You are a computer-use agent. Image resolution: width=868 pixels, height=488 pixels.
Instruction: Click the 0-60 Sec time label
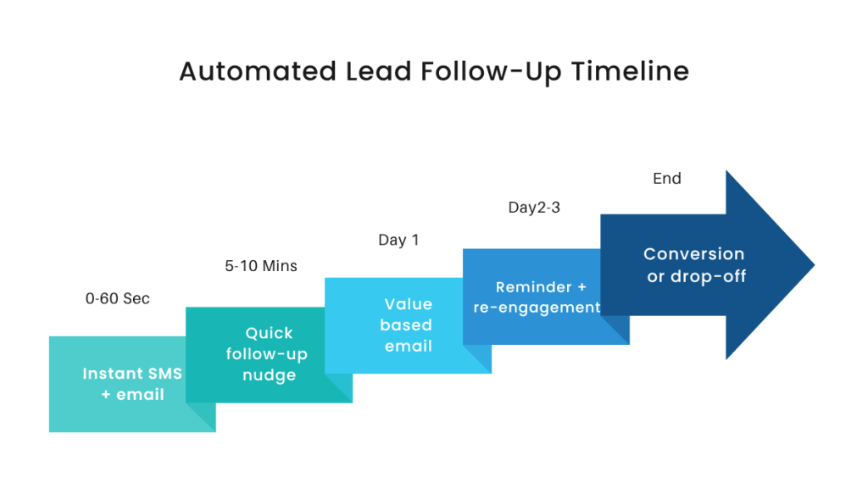118,298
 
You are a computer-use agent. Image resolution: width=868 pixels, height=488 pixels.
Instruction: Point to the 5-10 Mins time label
261,266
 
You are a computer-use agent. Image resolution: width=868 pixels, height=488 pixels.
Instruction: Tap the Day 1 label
398,241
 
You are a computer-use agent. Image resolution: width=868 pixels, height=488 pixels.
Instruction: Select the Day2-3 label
534,208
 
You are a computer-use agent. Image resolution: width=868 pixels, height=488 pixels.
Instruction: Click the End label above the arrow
667,179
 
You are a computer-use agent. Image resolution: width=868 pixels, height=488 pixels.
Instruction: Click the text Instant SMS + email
132,384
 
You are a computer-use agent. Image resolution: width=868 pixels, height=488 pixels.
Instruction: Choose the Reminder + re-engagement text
537,297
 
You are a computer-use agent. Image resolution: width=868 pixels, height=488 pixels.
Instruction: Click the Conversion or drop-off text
694,264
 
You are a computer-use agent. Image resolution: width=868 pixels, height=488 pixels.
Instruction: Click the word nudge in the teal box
269,374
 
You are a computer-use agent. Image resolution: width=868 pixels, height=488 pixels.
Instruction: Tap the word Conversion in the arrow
694,254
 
